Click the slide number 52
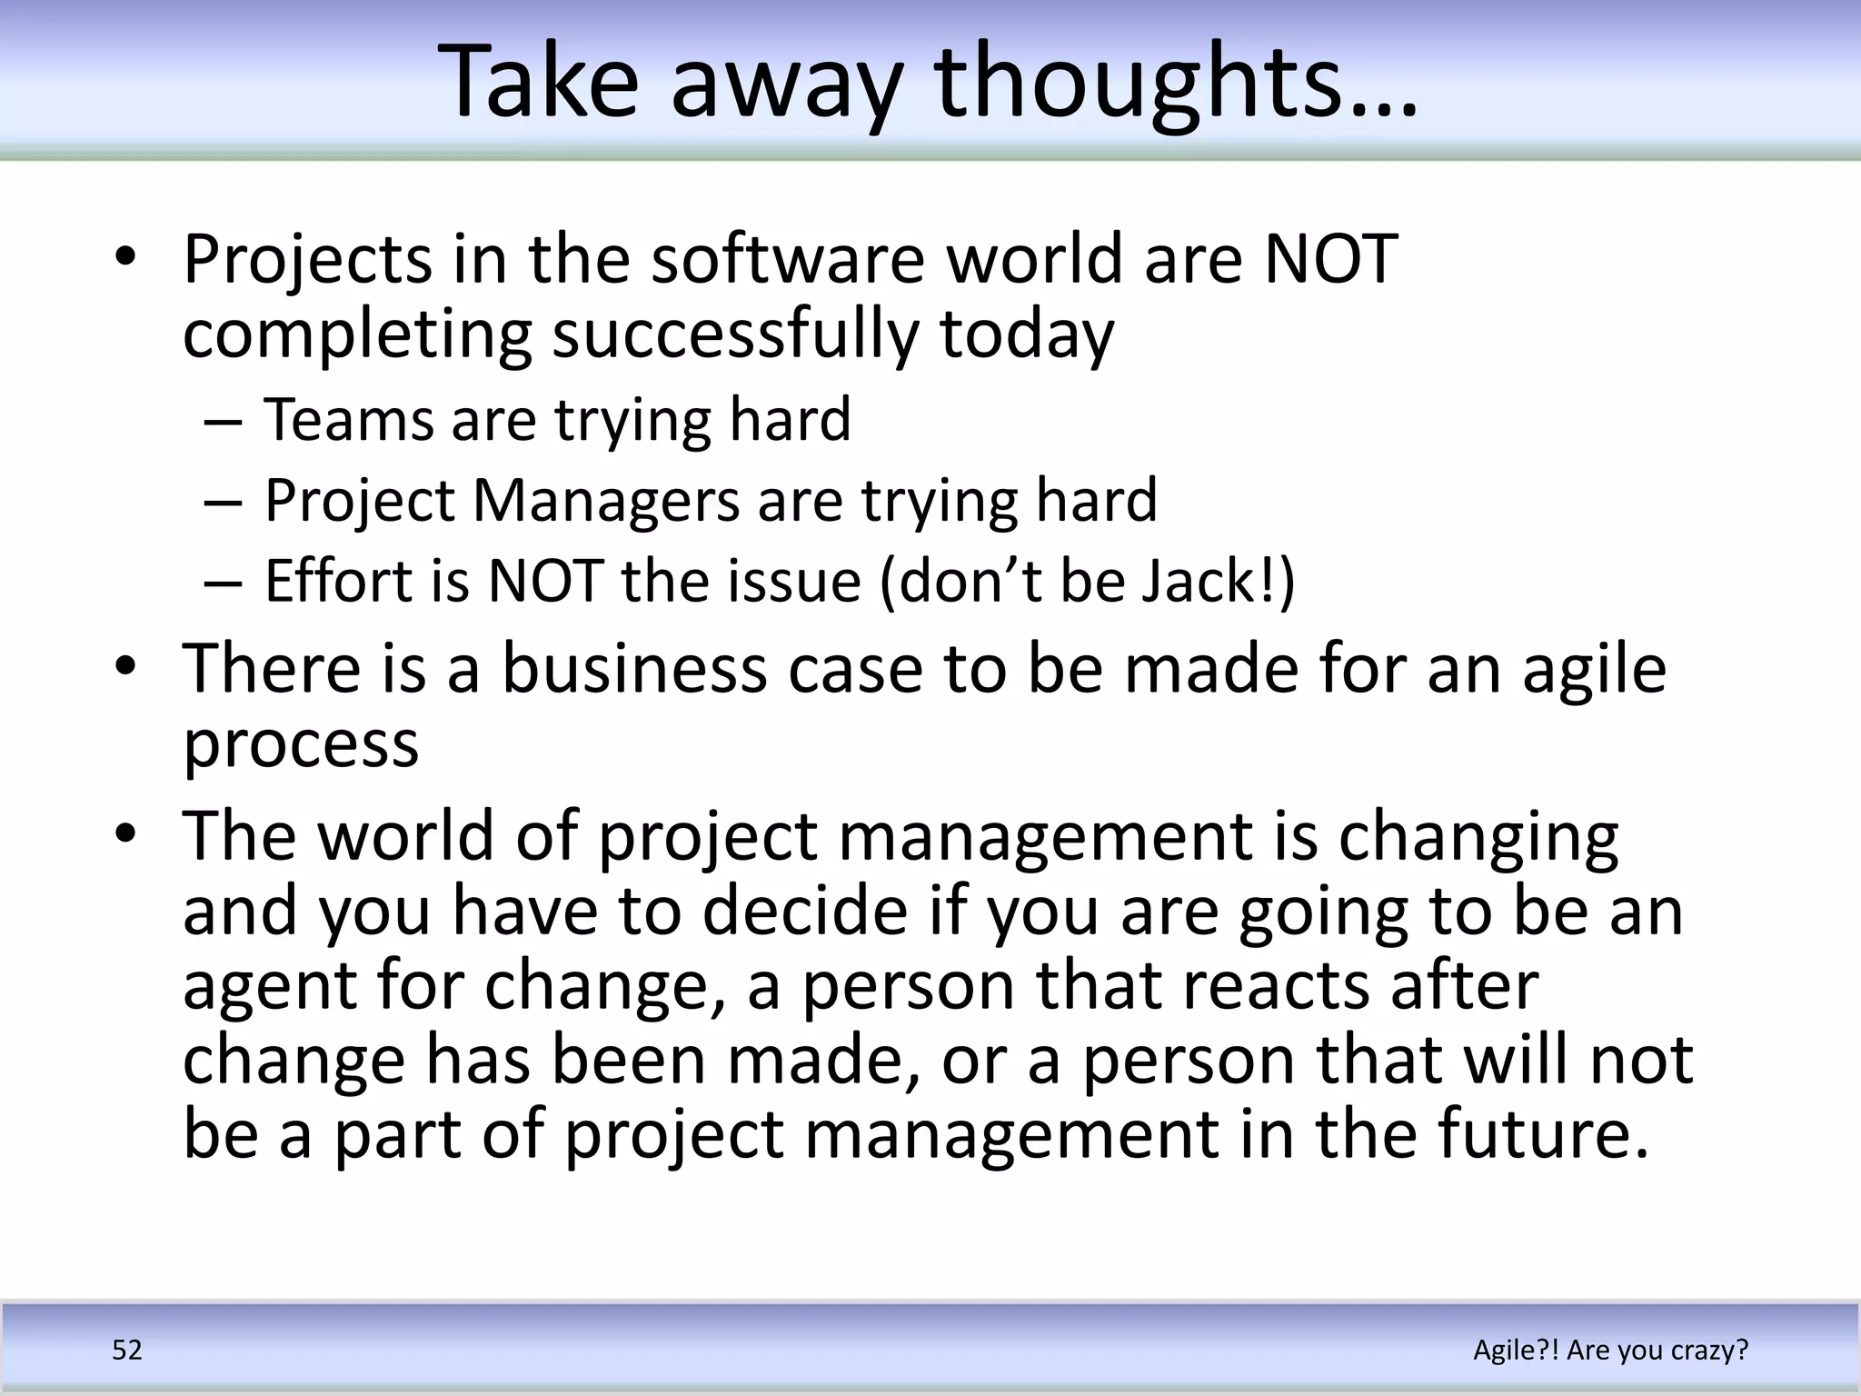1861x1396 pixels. coord(127,1350)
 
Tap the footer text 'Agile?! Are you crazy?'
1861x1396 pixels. coord(1610,1350)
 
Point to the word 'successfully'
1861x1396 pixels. coord(736,334)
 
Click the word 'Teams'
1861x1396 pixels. coord(349,420)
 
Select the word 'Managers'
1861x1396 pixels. coord(607,501)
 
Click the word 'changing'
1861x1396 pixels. coord(1478,838)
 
